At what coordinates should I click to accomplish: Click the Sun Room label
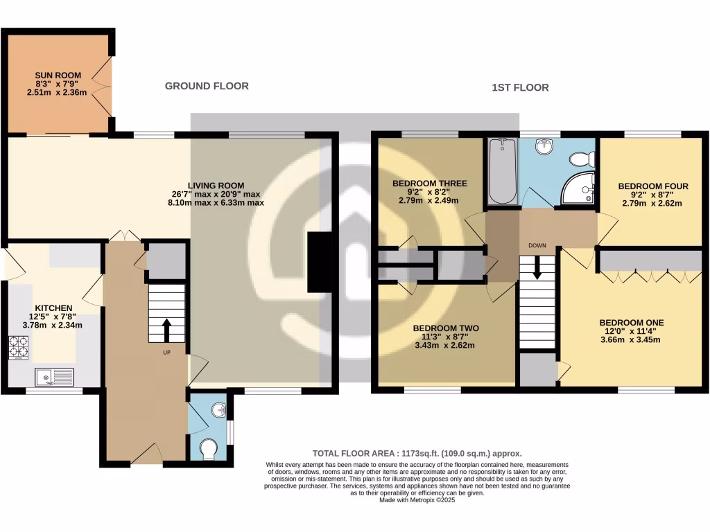[58, 75]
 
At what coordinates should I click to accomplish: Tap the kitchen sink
[55, 377]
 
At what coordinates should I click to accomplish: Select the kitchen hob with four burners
[19, 347]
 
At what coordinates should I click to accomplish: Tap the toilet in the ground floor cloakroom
[208, 451]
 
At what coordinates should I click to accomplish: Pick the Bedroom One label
[632, 323]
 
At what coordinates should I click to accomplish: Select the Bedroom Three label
[430, 184]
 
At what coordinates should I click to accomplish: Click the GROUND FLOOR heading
[207, 86]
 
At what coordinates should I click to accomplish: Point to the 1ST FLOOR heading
[520, 87]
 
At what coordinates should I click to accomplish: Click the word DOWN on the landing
[537, 245]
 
